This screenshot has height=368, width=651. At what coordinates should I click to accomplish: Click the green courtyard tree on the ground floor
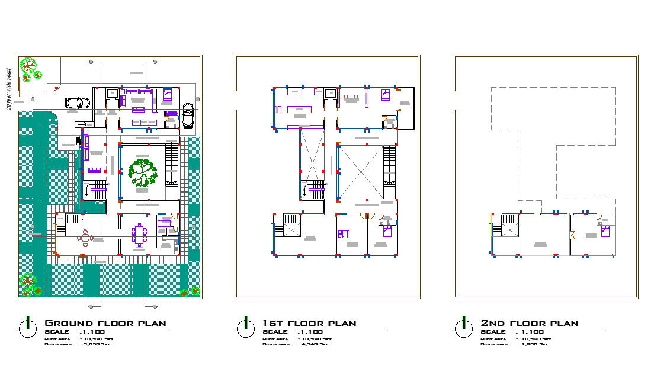[142, 171]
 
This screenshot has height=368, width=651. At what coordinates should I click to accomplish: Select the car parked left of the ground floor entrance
[76, 103]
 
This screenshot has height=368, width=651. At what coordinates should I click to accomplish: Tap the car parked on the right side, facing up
[188, 116]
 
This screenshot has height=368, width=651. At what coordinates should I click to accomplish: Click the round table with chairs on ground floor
[86, 238]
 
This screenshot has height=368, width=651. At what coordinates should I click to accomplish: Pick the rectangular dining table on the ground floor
[140, 235]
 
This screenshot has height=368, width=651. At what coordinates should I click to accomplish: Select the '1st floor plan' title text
[309, 324]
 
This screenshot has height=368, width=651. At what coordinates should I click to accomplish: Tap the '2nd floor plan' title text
[529, 324]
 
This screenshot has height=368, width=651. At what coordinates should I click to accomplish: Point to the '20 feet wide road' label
[9, 89]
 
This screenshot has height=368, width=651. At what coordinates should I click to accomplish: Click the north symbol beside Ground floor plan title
[25, 327]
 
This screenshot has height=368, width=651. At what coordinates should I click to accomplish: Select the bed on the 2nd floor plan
[605, 231]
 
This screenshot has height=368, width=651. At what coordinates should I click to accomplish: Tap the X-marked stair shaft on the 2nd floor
[509, 230]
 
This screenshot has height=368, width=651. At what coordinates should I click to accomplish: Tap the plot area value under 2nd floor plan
[535, 338]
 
